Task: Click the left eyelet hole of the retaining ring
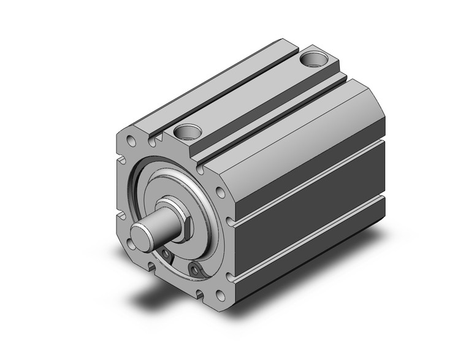(167, 255)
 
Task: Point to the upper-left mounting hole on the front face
(131, 141)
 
